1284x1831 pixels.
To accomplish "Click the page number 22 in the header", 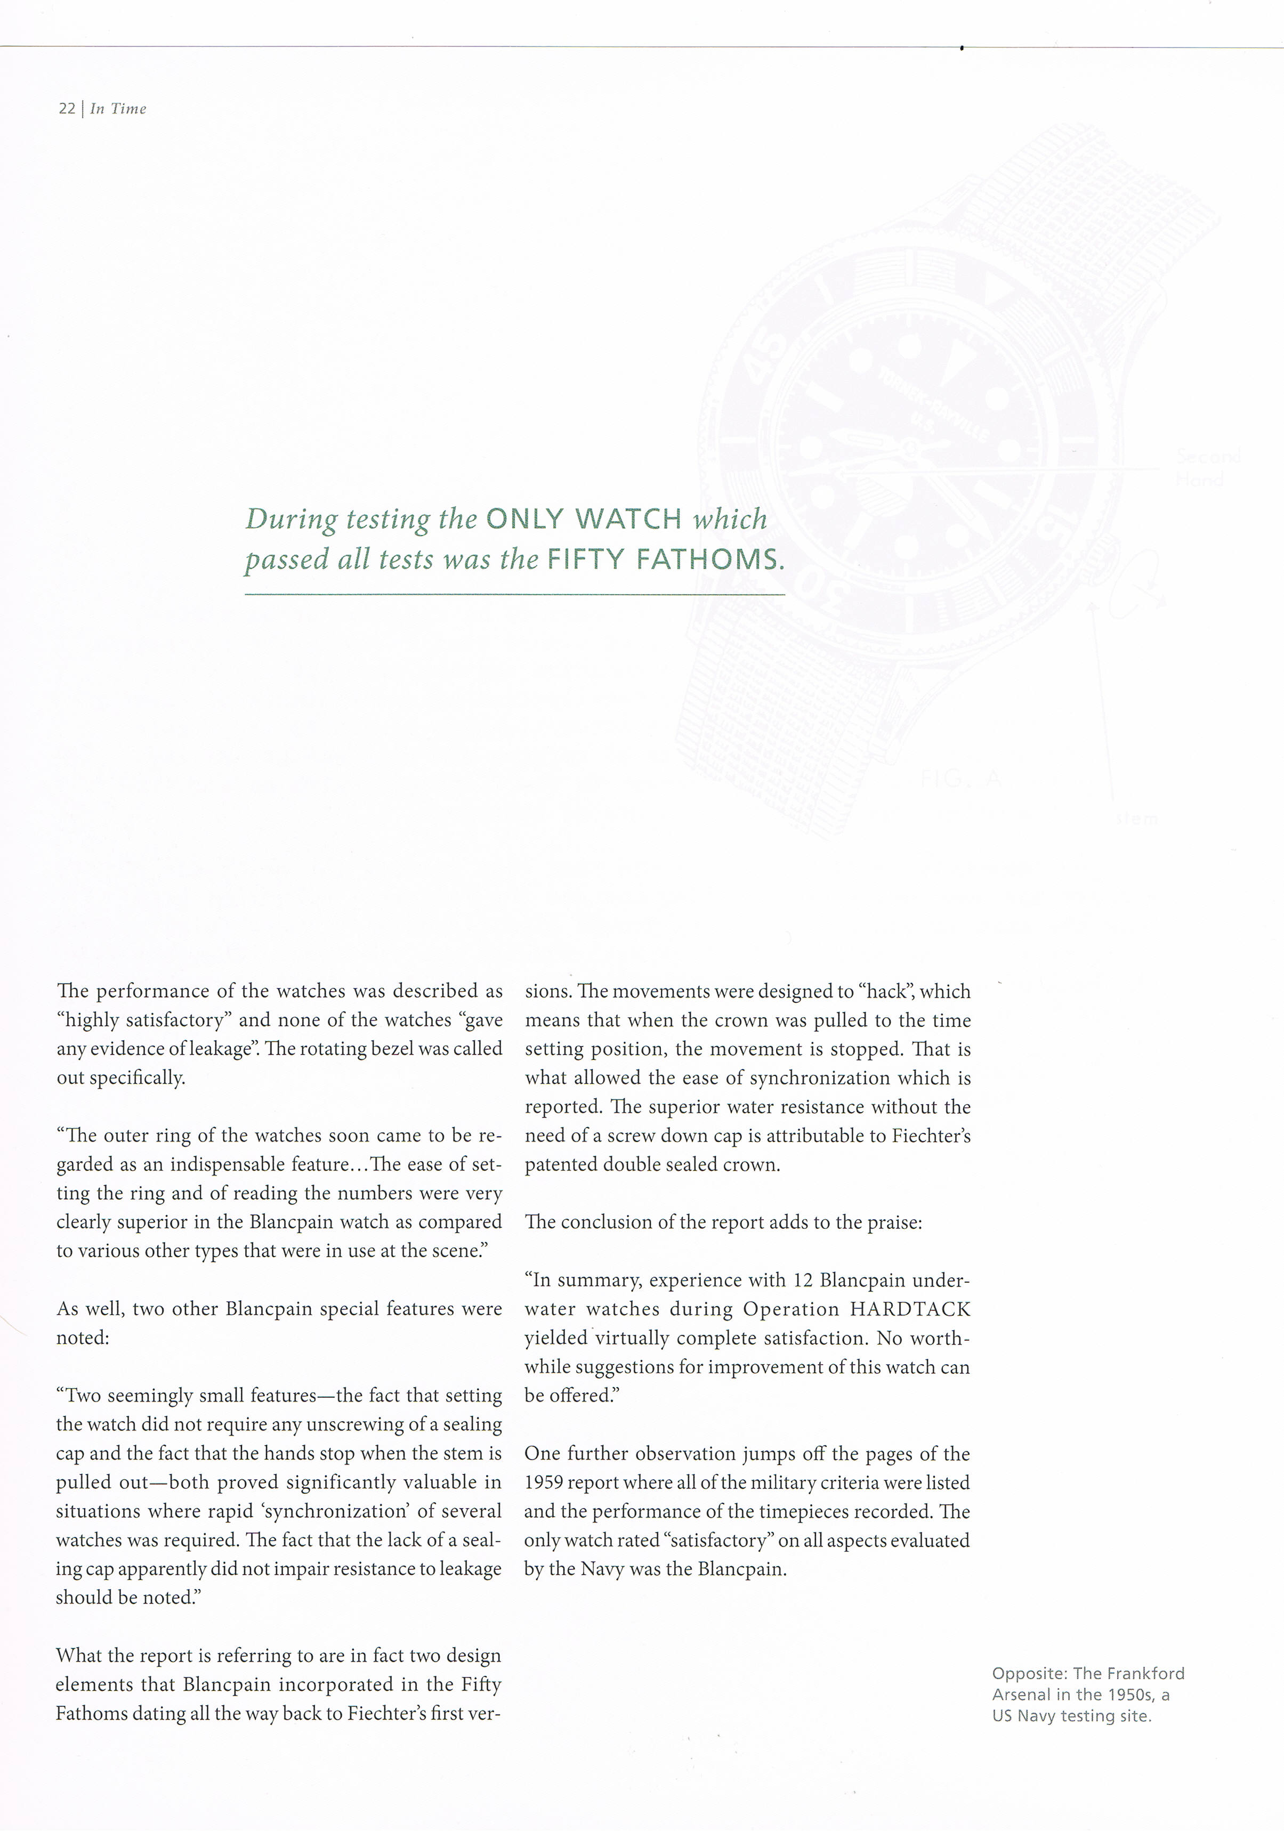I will pos(67,109).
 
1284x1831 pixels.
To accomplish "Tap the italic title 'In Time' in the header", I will pos(118,109).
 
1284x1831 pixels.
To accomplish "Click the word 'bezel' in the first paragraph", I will pos(389,1049).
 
